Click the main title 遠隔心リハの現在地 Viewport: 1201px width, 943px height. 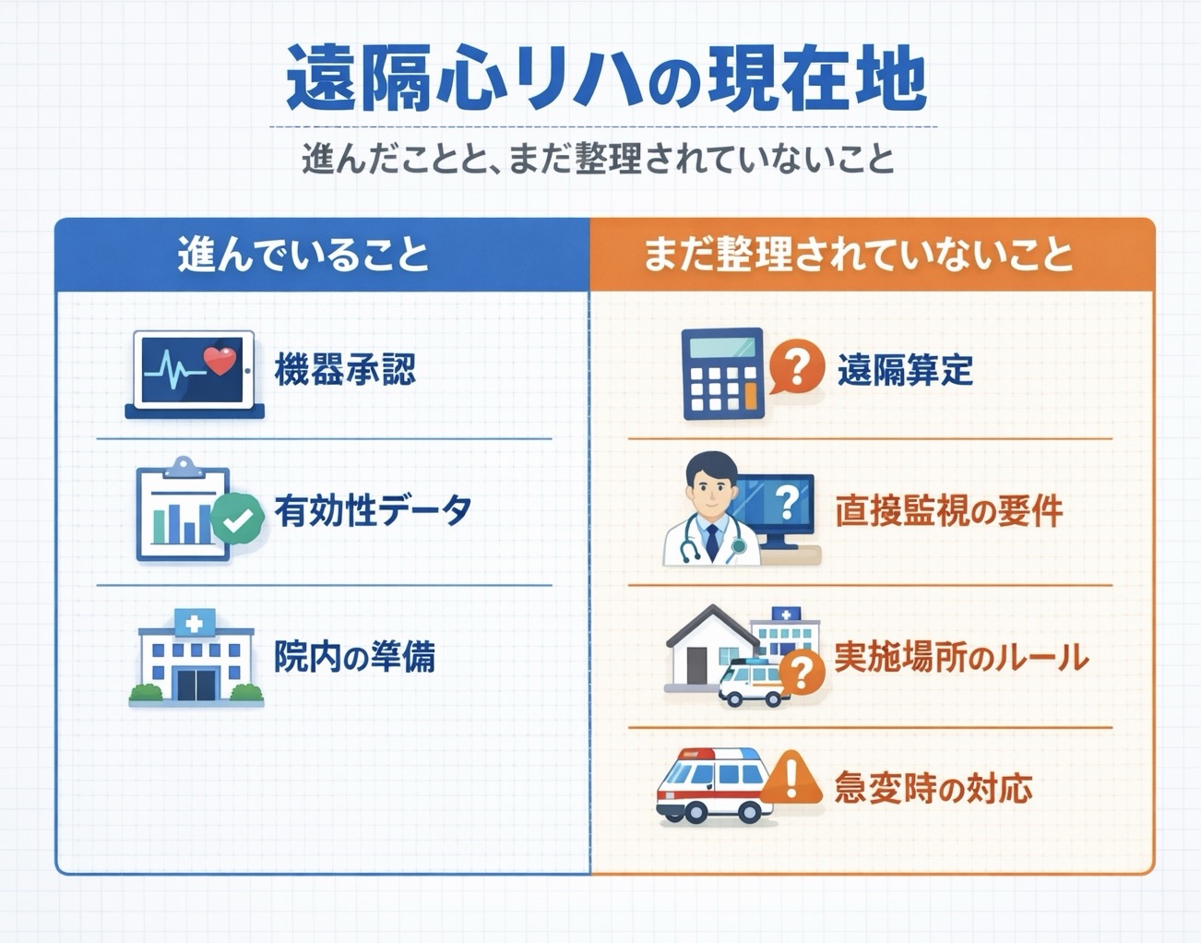pyautogui.click(x=605, y=79)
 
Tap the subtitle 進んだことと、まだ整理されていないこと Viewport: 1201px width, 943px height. pyautogui.click(x=599, y=159)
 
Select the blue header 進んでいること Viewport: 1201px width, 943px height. pyautogui.click(x=303, y=255)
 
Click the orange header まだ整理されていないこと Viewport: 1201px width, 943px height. pyautogui.click(x=858, y=255)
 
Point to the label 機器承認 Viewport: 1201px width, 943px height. pyautogui.click(x=345, y=370)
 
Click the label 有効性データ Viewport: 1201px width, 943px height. pyautogui.click(x=373, y=510)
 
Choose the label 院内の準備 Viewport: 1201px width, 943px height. pyautogui.click(x=354, y=657)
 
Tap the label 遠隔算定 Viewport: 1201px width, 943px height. pyautogui.click(x=904, y=370)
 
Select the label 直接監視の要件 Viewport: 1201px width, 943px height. pyautogui.click(x=949, y=510)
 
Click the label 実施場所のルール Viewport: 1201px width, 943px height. pyautogui.click(x=961, y=657)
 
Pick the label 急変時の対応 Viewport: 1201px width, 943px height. pyautogui.click(x=933, y=788)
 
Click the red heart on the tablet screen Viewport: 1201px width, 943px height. pyautogui.click(x=220, y=360)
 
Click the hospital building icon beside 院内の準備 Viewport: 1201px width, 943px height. pyautogui.click(x=196, y=657)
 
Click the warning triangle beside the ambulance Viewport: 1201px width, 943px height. pyautogui.click(x=791, y=778)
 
